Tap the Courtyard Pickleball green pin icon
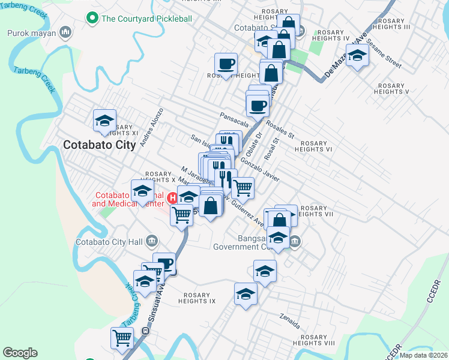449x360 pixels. (92, 19)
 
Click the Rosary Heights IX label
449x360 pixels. (197, 298)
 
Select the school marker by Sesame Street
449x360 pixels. (357, 56)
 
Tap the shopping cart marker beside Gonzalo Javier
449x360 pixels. (243, 187)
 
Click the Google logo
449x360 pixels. (20, 353)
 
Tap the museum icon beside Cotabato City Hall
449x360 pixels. (151, 242)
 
